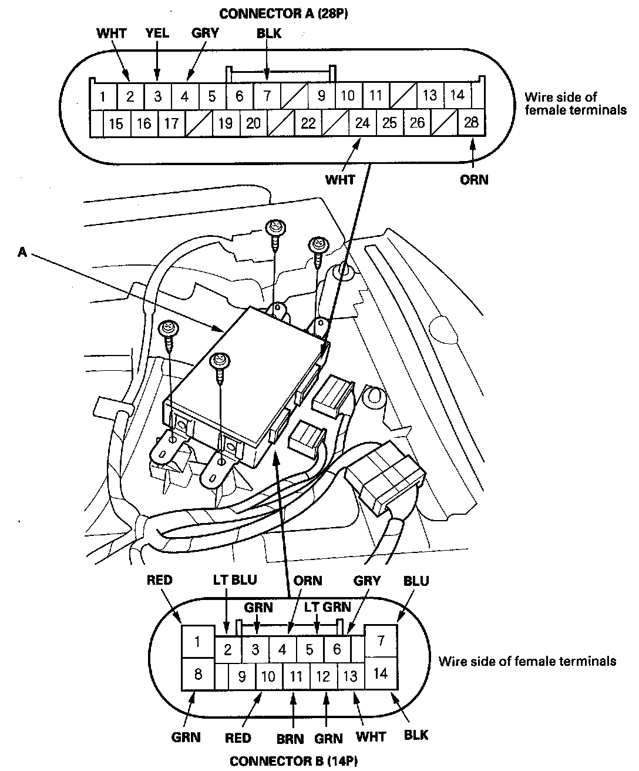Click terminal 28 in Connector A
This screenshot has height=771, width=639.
coord(471,123)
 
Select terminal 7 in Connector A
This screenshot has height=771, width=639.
coord(267,95)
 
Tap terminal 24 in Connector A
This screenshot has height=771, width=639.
coord(363,123)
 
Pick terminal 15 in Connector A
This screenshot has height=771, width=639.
coord(116,123)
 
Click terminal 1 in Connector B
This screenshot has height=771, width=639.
coord(197,641)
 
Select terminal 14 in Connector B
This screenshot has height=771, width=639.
coord(381,673)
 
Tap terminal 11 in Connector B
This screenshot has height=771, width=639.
coord(296,676)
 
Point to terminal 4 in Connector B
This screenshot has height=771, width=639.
coord(282,650)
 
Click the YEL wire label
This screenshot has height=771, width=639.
coord(157,33)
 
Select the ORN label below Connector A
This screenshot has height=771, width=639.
coord(474,179)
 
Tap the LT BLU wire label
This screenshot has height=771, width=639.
coord(234,581)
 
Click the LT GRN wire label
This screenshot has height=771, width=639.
coord(327,607)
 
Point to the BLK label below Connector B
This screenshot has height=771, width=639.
coord(416,735)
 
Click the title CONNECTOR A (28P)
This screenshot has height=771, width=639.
coord(283,14)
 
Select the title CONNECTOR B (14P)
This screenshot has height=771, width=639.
coord(293,761)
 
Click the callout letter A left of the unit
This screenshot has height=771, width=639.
coord(22,252)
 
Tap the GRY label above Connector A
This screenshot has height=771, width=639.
coord(205,33)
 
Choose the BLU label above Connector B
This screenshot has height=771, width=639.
coord(416,581)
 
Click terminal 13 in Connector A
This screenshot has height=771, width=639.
coord(430,95)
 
